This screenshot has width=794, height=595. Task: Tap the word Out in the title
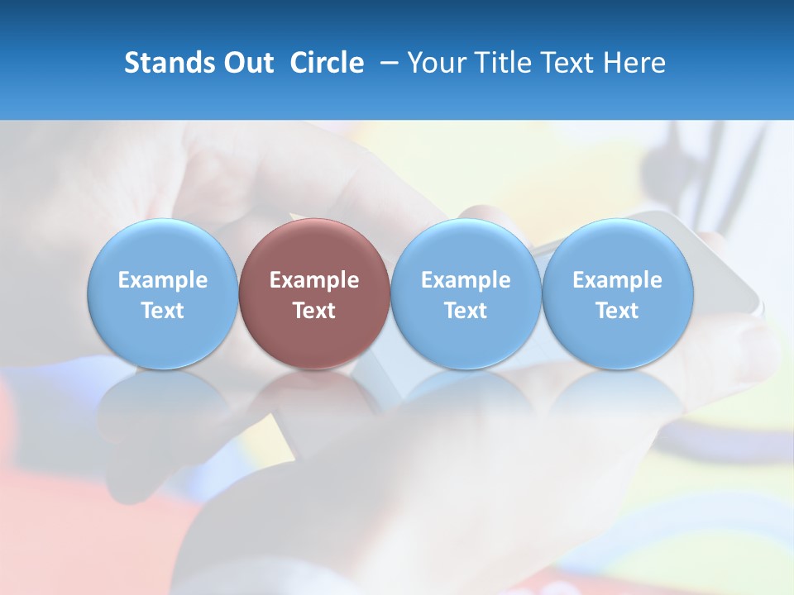pyautogui.click(x=246, y=63)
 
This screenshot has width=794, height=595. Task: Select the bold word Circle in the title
pyautogui.click(x=327, y=63)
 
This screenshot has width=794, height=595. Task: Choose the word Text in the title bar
pyautogui.click(x=570, y=63)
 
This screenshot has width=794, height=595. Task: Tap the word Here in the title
pyautogui.click(x=634, y=63)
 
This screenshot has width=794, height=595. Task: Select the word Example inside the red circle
pyautogui.click(x=314, y=280)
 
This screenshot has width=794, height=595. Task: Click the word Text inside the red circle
pyautogui.click(x=314, y=311)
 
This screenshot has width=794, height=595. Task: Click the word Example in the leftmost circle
pyautogui.click(x=162, y=280)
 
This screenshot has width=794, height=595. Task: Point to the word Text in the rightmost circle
pyautogui.click(x=618, y=311)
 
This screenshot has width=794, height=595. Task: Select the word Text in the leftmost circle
pyautogui.click(x=162, y=311)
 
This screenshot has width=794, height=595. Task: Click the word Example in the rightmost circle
pyautogui.click(x=618, y=280)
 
